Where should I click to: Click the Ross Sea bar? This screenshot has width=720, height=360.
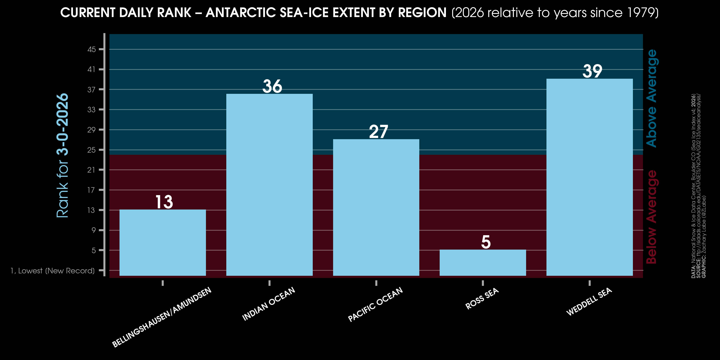click(483, 263)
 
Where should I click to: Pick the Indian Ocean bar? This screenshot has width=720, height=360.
click(270, 185)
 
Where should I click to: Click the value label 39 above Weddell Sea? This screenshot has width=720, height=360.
click(592, 71)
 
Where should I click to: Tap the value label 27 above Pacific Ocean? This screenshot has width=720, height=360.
click(379, 132)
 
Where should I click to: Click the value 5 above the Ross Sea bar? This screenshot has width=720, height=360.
click(486, 242)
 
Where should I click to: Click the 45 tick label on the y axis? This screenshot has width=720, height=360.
click(92, 49)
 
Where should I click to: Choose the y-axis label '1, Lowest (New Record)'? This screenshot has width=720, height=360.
click(53, 270)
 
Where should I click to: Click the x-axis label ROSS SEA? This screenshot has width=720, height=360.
click(482, 299)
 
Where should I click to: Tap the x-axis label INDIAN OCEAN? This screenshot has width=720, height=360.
click(269, 304)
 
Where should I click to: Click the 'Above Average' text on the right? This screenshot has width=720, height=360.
click(652, 98)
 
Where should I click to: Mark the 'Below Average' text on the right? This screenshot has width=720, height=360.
click(652, 217)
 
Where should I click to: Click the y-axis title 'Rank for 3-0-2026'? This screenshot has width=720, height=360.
click(62, 156)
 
